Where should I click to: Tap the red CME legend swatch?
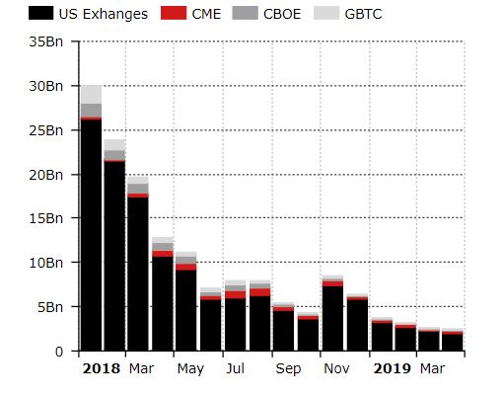[x=173, y=14]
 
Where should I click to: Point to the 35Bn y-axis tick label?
[x=46, y=42]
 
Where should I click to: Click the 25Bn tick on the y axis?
[x=46, y=130]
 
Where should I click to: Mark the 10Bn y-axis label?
[x=46, y=263]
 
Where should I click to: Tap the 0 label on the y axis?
[x=59, y=351]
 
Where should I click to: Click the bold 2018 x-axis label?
[x=101, y=369]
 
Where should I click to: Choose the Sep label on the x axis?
[x=288, y=369]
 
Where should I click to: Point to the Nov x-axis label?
[x=335, y=369]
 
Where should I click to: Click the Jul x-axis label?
[x=236, y=369]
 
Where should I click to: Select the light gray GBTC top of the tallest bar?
[x=91, y=94]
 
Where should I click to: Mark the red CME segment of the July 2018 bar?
[x=235, y=294]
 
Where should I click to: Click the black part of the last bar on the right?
[x=451, y=343]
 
